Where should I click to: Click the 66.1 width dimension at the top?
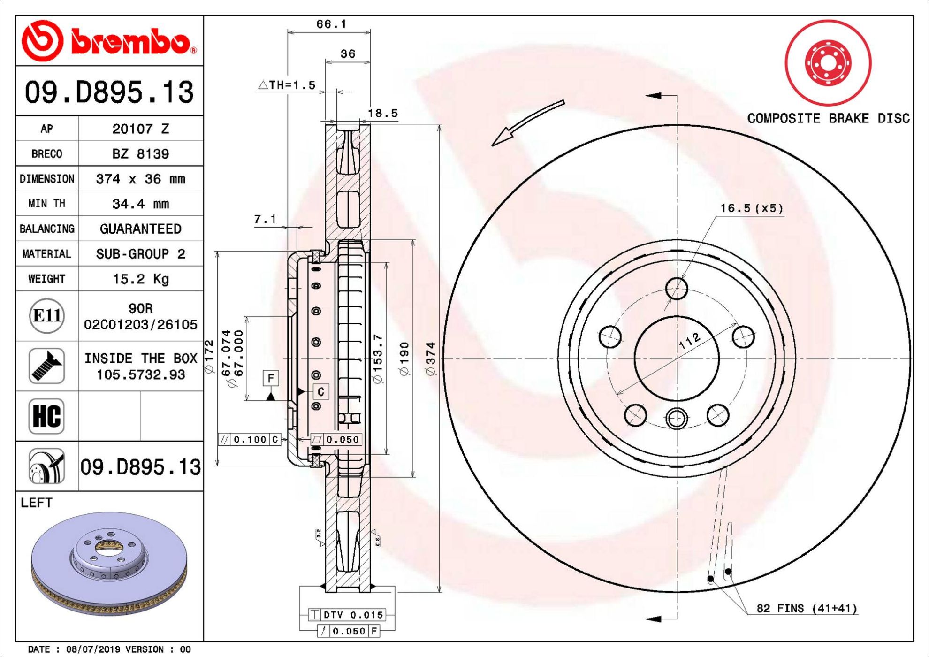(331, 24)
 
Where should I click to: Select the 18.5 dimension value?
(382, 113)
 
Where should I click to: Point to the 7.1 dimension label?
(265, 219)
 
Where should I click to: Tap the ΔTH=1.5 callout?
(287, 85)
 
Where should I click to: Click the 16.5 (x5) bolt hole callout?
(752, 208)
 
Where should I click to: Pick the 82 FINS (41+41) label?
(807, 608)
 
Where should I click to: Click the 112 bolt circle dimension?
(690, 341)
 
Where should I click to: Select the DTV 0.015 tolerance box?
(347, 615)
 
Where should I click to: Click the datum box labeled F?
(271, 378)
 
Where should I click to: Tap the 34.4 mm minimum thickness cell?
(140, 204)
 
